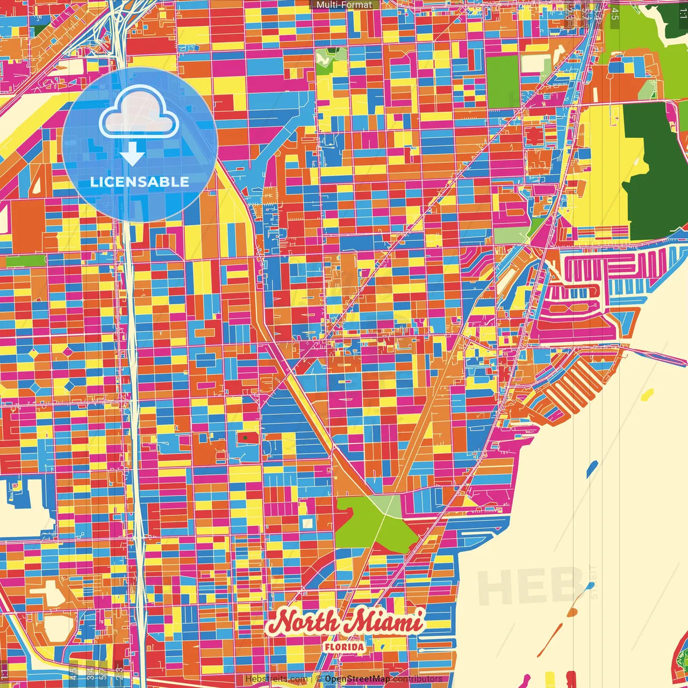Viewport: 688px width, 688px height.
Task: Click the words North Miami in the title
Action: [344, 622]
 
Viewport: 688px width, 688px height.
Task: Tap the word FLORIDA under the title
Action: [344, 647]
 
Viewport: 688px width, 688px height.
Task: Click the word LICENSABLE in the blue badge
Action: [139, 182]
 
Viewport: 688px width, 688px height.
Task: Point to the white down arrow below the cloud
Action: [132, 154]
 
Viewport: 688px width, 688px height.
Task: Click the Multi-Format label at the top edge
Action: [344, 5]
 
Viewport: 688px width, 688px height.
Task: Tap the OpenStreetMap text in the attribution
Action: [357, 679]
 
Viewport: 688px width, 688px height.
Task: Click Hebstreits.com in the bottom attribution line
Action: [276, 679]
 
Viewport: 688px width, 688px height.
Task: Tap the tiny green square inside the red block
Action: [246, 438]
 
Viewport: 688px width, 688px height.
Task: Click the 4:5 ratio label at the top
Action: [615, 14]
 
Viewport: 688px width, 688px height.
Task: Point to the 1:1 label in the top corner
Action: [683, 14]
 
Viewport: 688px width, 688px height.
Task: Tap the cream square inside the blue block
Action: [307, 523]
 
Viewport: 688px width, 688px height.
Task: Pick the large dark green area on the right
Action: [653, 172]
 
